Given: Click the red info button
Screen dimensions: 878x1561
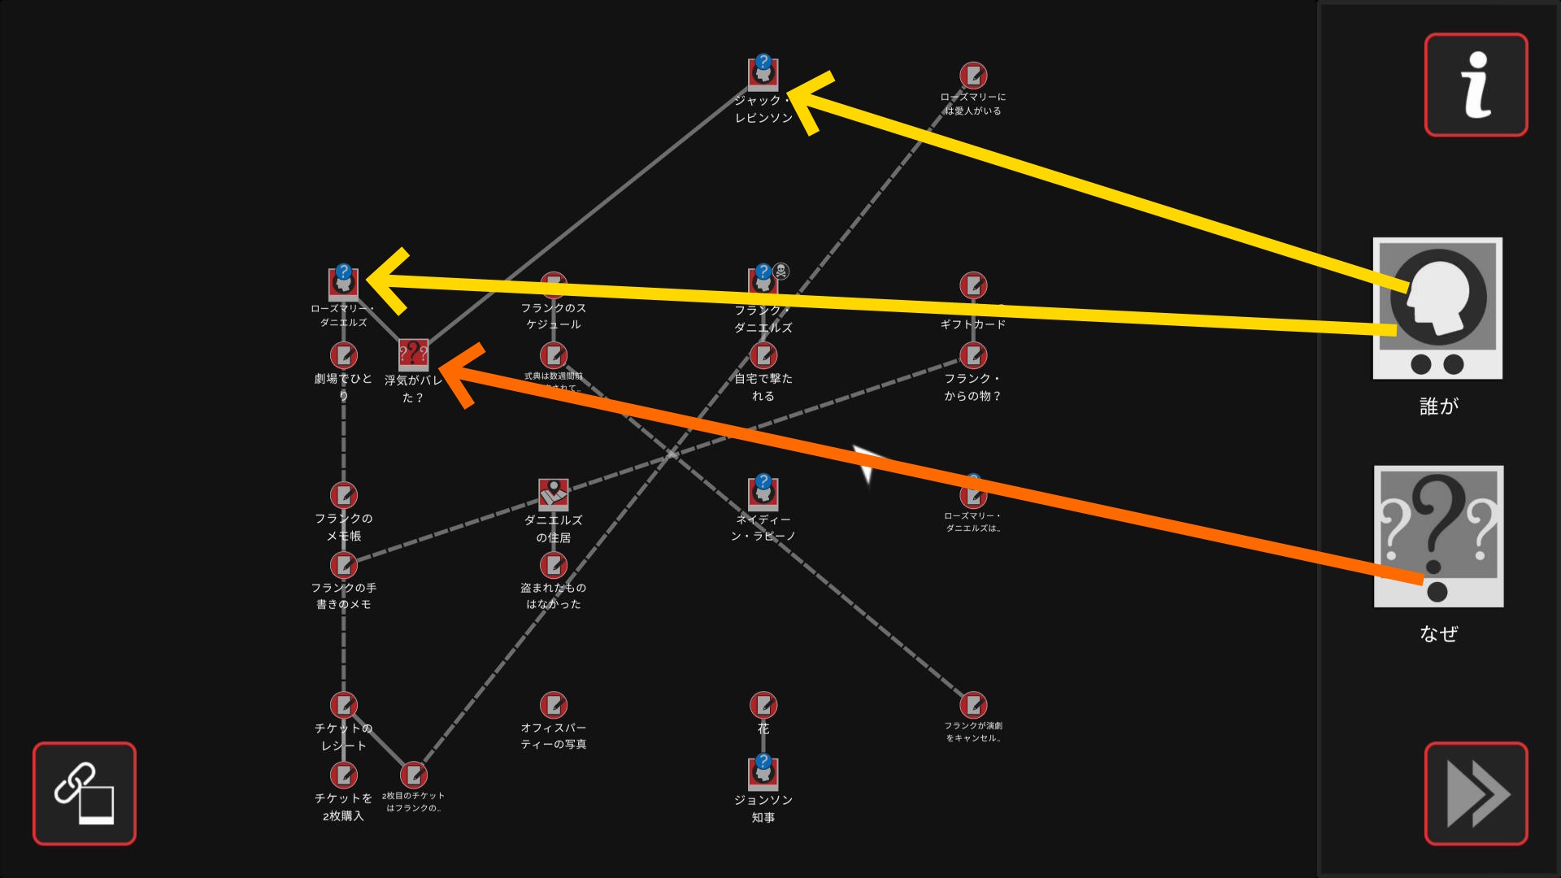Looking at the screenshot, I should pos(1476,85).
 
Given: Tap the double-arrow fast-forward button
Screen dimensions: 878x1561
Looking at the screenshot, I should pos(1476,793).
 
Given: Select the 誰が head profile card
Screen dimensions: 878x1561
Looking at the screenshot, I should pos(1437,308).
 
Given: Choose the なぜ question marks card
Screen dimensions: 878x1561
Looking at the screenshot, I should pos(1437,536).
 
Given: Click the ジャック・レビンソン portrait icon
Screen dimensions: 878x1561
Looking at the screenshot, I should pos(763,73).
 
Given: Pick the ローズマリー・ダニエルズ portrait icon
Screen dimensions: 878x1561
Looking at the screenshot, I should pos(343,282).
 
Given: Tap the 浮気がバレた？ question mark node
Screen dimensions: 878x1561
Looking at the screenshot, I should pos(413,354).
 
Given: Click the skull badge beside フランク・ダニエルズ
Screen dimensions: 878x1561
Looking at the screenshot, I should pos(780,271).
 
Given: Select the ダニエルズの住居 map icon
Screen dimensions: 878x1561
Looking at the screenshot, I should pos(553,493).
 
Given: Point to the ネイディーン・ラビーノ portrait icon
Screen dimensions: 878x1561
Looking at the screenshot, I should pos(763,492).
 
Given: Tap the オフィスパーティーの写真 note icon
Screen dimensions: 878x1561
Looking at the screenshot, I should pos(553,704).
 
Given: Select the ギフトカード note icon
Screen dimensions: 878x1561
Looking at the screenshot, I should pos(972,285).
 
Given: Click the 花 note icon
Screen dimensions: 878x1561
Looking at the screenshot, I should pos(763,704).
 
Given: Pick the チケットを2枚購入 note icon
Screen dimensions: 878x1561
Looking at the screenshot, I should pos(343,774).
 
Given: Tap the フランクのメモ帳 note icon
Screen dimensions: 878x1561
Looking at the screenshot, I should pos(343,494).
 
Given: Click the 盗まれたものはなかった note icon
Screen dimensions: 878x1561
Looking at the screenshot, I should pos(553,564).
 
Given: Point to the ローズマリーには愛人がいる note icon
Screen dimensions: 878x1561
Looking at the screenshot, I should pos(972,76).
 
